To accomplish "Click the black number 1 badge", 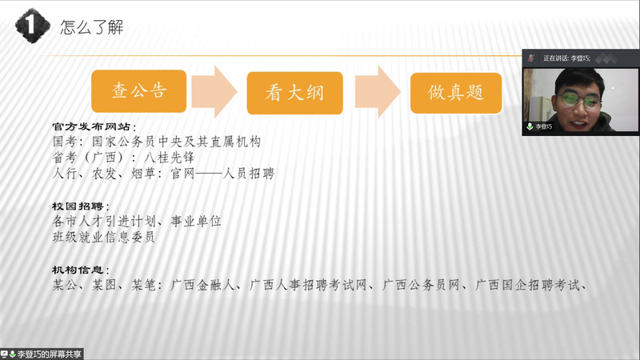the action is [x=32, y=26].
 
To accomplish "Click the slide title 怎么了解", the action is [x=92, y=27].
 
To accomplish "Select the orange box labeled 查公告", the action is [x=138, y=91].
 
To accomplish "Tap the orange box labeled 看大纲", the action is [x=294, y=93].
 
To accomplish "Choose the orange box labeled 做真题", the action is [x=456, y=93].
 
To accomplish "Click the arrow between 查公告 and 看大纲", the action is [x=214, y=91].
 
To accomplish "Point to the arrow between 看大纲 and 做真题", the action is [x=378, y=92].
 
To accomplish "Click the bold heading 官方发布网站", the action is [x=91, y=127].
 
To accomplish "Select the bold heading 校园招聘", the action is [x=78, y=206].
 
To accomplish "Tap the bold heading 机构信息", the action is [x=78, y=270].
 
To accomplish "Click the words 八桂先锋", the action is [x=170, y=158].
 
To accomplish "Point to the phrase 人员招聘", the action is [x=249, y=174].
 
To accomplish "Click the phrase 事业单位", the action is [x=196, y=222].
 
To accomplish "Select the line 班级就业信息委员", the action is [x=104, y=237].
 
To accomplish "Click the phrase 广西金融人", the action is [x=202, y=285].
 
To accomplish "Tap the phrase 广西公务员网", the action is [x=421, y=285].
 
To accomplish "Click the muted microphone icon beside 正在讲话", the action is [x=531, y=58].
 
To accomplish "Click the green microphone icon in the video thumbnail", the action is [x=530, y=126].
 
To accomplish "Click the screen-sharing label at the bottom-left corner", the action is [x=42, y=354].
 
